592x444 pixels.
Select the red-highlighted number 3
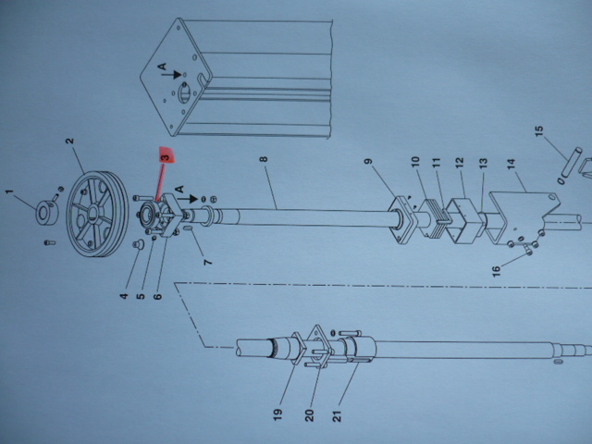pos(166,156)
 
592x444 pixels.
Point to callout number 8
pos(263,161)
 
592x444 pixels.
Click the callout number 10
pos(415,161)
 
